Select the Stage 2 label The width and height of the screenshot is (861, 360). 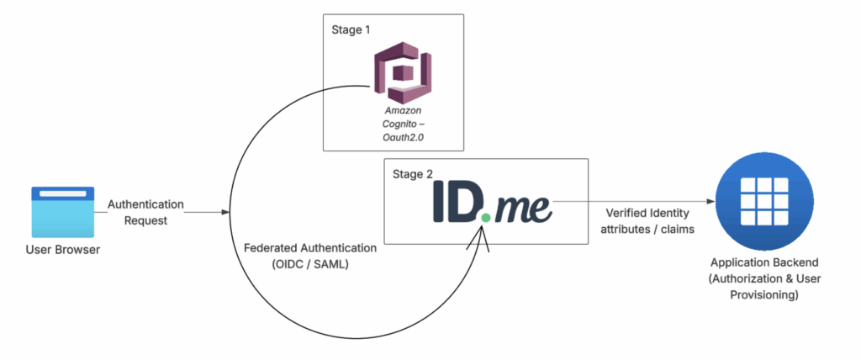click(414, 174)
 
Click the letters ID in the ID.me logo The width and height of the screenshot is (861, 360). click(457, 202)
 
